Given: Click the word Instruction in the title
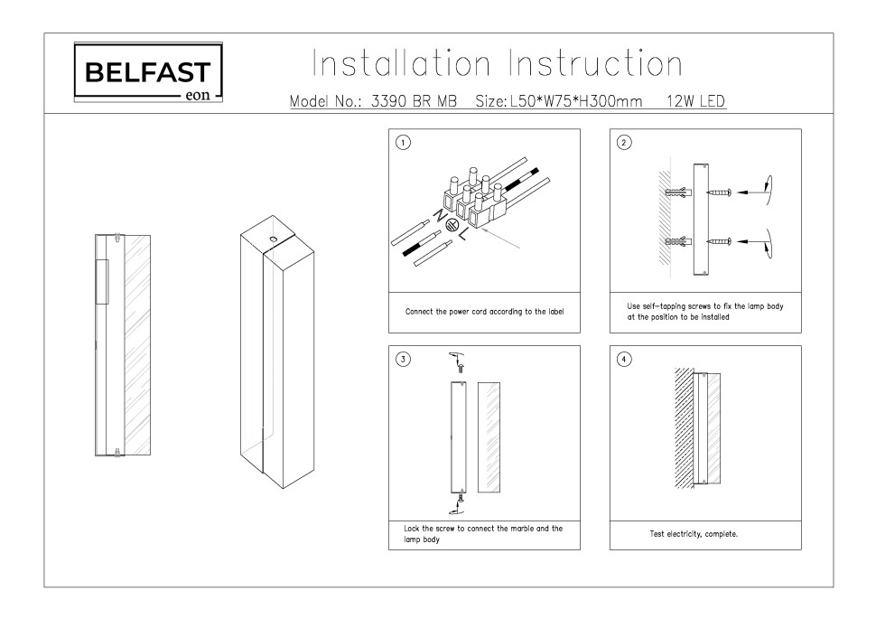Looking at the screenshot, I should click(x=596, y=64).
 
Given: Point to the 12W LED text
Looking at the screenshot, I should click(x=696, y=102).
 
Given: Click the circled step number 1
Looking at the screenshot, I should click(x=404, y=142).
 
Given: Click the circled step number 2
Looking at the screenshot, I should click(x=623, y=142).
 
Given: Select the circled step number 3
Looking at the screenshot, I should click(x=404, y=359).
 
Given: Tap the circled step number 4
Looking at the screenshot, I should click(x=623, y=359).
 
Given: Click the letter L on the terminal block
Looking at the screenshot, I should click(x=461, y=237).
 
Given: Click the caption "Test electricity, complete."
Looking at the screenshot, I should click(x=694, y=534).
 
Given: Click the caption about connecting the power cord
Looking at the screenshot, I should click(x=484, y=312).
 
